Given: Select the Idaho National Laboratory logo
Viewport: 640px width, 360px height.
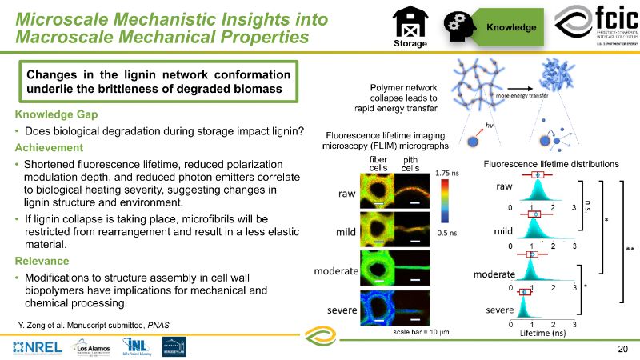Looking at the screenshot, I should click(135, 346).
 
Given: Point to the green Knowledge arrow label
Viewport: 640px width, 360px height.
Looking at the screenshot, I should click(514, 27).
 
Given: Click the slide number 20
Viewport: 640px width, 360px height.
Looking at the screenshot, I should click(623, 349).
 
